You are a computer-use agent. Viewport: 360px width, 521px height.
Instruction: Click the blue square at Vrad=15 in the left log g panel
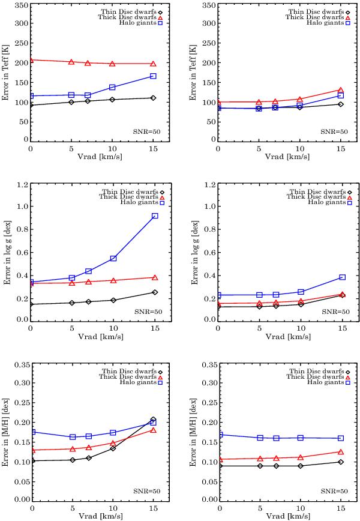pyautogui.click(x=154, y=216)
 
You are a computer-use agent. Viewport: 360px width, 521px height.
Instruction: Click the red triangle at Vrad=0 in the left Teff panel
pyautogui.click(x=31, y=60)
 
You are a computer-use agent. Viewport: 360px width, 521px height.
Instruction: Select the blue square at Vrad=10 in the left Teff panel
pyautogui.click(x=113, y=87)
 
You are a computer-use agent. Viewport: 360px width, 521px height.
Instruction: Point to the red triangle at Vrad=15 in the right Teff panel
pyautogui.click(x=342, y=90)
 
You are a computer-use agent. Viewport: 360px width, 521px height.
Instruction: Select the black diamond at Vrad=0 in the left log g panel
pyautogui.click(x=31, y=304)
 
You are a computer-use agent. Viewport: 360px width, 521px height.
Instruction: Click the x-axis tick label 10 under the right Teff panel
pyautogui.click(x=301, y=149)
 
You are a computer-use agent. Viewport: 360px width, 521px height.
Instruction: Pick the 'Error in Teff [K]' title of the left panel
pyautogui.click(x=6, y=73)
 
